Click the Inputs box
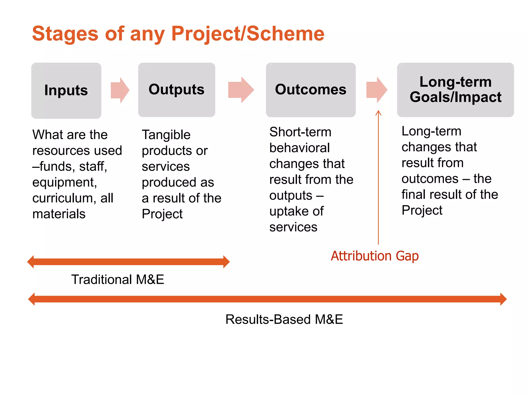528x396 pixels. coord(66,90)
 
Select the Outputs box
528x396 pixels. coord(177,90)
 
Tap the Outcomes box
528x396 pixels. coord(311,90)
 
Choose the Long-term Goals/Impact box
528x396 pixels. coord(455,90)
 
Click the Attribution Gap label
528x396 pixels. coord(375,256)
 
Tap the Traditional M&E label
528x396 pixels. coord(118,279)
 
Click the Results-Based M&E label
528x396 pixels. coord(284,319)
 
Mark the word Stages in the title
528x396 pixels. coord(65,34)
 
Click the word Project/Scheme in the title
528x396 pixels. coord(248,34)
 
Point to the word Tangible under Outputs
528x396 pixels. coord(166,135)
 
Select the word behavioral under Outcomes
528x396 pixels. coord(300,148)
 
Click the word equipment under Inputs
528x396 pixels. coord(64,183)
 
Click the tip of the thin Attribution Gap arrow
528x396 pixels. coord(378,111)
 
